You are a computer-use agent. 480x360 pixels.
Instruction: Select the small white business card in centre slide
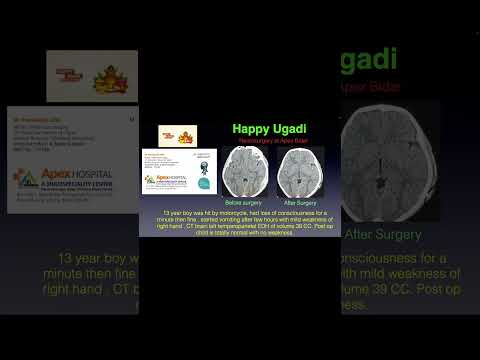179,170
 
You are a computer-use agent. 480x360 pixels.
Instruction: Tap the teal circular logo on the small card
203,183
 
